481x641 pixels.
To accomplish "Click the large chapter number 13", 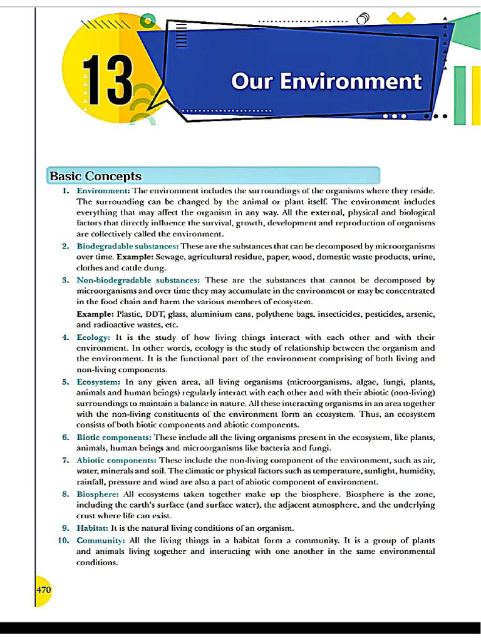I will (107, 79).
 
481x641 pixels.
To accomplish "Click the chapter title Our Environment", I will (326, 81).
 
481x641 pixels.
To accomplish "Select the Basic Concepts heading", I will (95, 177).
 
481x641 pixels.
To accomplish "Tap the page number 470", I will (43, 589).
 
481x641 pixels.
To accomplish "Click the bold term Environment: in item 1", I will (103, 190).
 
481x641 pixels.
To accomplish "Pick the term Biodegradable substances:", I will (127, 246).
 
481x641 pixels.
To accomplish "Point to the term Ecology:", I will (93, 337).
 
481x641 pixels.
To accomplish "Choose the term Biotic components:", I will (114, 437).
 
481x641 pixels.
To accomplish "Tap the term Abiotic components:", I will (116, 460).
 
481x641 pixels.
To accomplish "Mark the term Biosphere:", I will (97, 494).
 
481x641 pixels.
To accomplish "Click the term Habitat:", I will (92, 528).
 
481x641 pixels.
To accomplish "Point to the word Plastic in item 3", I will (128, 314).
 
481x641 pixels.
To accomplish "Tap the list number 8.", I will (66, 494).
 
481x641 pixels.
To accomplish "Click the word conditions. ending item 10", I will (96, 562).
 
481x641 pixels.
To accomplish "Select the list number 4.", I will (66, 337).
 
